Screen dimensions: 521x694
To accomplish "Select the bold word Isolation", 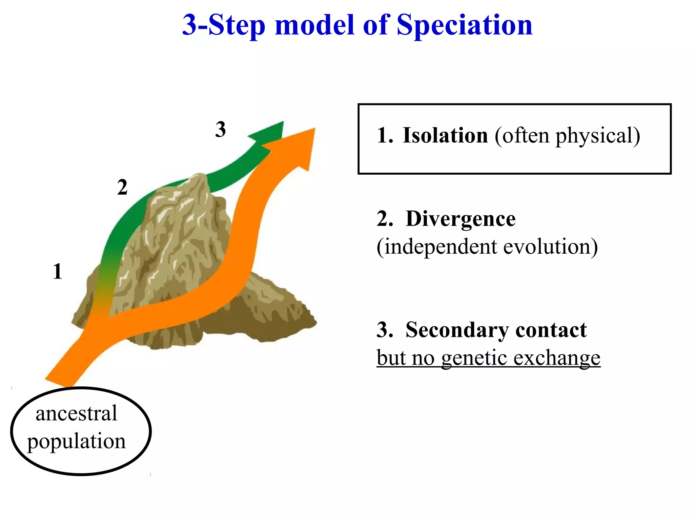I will click(x=445, y=135).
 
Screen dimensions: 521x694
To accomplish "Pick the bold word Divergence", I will click(x=460, y=219).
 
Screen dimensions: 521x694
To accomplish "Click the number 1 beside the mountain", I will click(x=57, y=272).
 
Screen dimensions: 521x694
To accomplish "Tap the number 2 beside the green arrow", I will click(x=122, y=187).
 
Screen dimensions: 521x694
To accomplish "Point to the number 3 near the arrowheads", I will click(x=220, y=130).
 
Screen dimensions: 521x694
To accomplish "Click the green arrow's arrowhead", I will click(x=271, y=132).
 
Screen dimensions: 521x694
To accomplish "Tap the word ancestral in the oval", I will click(x=76, y=413).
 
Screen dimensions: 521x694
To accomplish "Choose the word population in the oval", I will click(x=76, y=441).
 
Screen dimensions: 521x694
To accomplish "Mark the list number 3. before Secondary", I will click(x=385, y=330).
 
